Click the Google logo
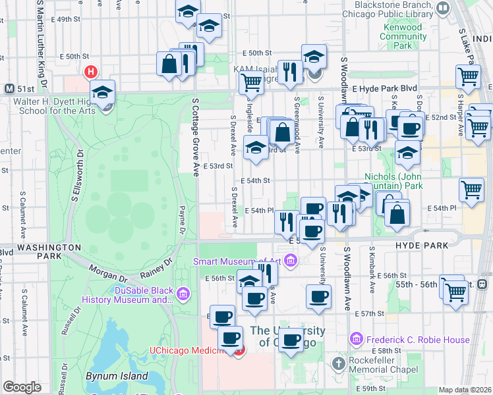22,387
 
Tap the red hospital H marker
91,72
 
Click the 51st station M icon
9,88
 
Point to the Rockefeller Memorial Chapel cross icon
339,363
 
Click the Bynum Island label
109,376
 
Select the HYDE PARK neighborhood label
421,246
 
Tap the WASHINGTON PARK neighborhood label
40,248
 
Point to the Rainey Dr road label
156,268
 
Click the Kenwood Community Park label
404,37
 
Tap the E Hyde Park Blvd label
385,88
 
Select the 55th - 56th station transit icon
482,284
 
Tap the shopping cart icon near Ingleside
251,84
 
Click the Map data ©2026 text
465,390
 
